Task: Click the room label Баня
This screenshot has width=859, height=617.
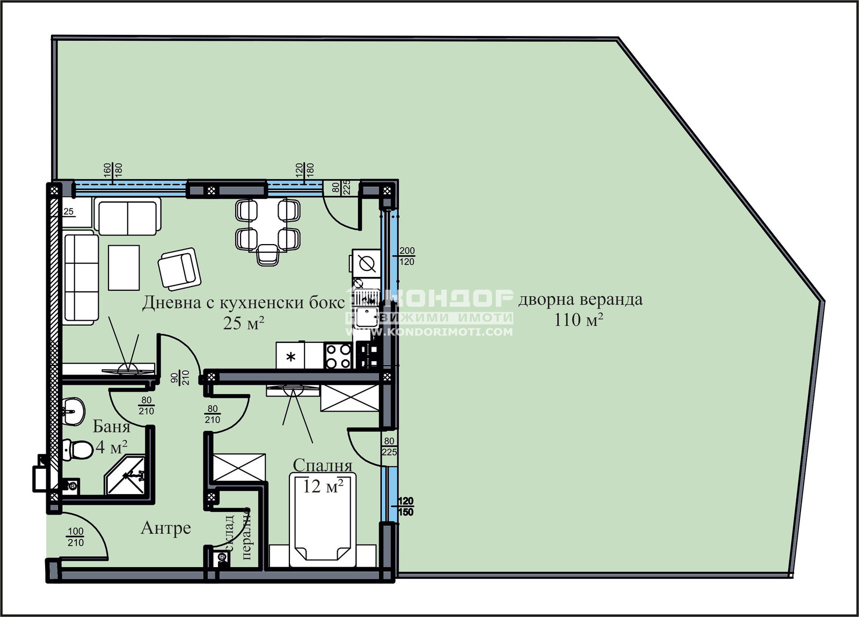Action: pyautogui.click(x=111, y=427)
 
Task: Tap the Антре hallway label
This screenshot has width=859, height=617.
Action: pyautogui.click(x=166, y=528)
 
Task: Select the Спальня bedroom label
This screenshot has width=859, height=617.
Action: pyautogui.click(x=322, y=465)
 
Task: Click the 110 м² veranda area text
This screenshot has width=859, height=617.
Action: pyautogui.click(x=578, y=320)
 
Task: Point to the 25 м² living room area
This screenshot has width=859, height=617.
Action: pyautogui.click(x=243, y=323)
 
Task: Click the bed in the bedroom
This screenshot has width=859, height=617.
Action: pyautogui.click(x=322, y=520)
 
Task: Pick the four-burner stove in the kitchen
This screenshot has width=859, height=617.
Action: pyautogui.click(x=338, y=356)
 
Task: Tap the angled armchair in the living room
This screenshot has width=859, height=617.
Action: pyautogui.click(x=179, y=268)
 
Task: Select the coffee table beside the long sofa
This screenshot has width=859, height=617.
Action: pyautogui.click(x=124, y=267)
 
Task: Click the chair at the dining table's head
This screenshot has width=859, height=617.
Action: pyautogui.click(x=267, y=255)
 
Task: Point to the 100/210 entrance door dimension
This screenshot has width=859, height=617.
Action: pyautogui.click(x=76, y=537)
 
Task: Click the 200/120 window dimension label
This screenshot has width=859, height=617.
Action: pyautogui.click(x=407, y=256)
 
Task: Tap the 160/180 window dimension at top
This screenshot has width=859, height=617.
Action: pyautogui.click(x=112, y=171)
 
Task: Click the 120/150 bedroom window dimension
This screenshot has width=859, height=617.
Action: pyautogui.click(x=406, y=507)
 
